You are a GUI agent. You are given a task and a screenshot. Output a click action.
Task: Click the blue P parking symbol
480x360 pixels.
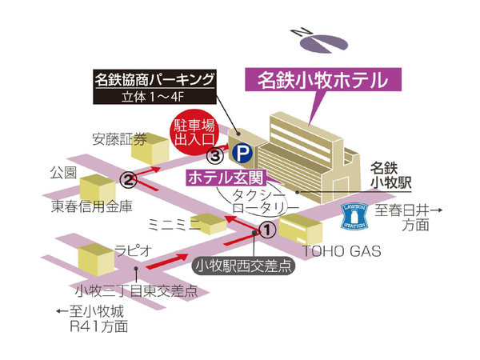click(x=242, y=153)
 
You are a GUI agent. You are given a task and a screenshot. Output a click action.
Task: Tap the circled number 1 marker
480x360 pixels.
click(x=267, y=230)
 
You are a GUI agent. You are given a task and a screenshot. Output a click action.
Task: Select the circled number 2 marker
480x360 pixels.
click(x=128, y=180)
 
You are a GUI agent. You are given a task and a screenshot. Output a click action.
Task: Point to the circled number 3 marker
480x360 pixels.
click(x=215, y=156)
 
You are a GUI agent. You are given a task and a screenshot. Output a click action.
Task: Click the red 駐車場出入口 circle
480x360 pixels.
click(x=194, y=132)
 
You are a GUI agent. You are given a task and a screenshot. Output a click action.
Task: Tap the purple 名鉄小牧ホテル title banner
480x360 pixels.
click(x=323, y=79)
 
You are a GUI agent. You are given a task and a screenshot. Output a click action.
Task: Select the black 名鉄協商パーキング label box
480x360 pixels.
click(x=154, y=87)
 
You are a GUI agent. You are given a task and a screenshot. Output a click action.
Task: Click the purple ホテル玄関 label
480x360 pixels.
click(x=226, y=178)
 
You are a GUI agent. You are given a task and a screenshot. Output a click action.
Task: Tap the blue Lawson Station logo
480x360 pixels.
click(x=354, y=217)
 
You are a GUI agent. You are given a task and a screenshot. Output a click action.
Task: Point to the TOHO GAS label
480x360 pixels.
click(x=342, y=251)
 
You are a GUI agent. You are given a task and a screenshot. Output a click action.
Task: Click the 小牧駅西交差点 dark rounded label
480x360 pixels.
click(x=244, y=266)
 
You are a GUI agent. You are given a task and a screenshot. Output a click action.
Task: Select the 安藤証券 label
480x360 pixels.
click(x=119, y=139)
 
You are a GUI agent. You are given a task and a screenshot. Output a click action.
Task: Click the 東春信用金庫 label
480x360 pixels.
click(x=91, y=206)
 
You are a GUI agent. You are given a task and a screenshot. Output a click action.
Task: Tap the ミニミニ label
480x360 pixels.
click(x=174, y=225)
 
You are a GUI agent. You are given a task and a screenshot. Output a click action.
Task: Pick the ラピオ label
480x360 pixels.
click(x=133, y=251)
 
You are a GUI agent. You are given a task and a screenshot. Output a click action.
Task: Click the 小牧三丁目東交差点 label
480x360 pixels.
click(x=137, y=290)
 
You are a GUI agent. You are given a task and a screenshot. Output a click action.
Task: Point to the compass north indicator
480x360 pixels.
click(x=320, y=40)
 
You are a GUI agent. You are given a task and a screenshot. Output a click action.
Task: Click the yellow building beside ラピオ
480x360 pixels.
click(x=96, y=259)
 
